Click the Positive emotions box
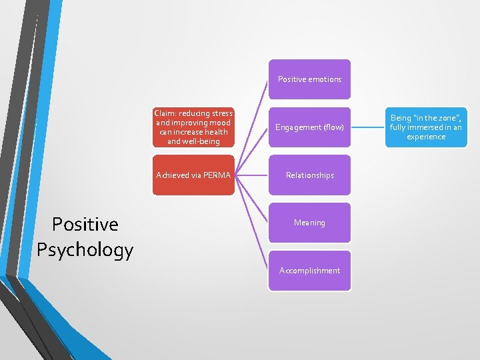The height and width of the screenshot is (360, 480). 309,79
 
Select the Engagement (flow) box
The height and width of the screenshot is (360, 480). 309,127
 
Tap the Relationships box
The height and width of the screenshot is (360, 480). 309,175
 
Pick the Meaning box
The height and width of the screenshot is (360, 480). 309,223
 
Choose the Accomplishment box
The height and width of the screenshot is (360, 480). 309,271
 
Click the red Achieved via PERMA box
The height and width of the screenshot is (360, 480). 193,175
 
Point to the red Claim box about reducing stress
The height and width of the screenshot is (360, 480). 193,127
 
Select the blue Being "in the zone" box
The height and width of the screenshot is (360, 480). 426,127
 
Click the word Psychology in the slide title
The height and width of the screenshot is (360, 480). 85,250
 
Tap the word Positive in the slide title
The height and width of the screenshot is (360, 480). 85,224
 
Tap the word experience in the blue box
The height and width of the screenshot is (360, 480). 426,137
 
